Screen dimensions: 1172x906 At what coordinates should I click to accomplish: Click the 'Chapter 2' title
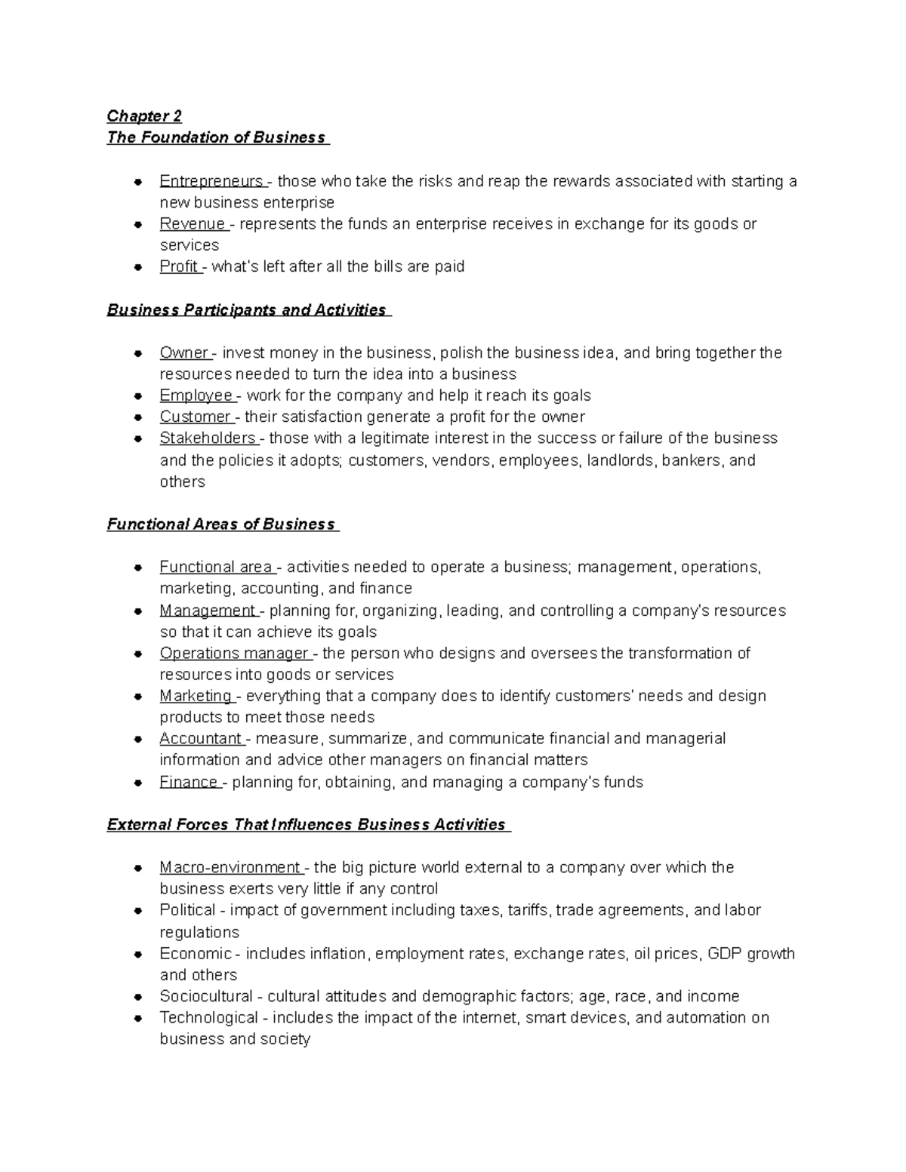[x=144, y=115]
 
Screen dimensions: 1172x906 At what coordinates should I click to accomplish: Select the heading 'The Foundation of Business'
[x=217, y=137]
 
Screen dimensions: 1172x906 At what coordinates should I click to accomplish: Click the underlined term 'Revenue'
[x=193, y=224]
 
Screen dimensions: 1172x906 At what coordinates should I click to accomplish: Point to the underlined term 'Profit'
[x=179, y=266]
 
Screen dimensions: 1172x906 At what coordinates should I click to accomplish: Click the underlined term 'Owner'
[x=184, y=353]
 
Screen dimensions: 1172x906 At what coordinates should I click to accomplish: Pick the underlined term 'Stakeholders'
[x=208, y=438]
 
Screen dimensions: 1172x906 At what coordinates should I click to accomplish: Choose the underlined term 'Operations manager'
[x=234, y=654]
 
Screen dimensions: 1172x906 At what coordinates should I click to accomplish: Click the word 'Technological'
[x=208, y=1017]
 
